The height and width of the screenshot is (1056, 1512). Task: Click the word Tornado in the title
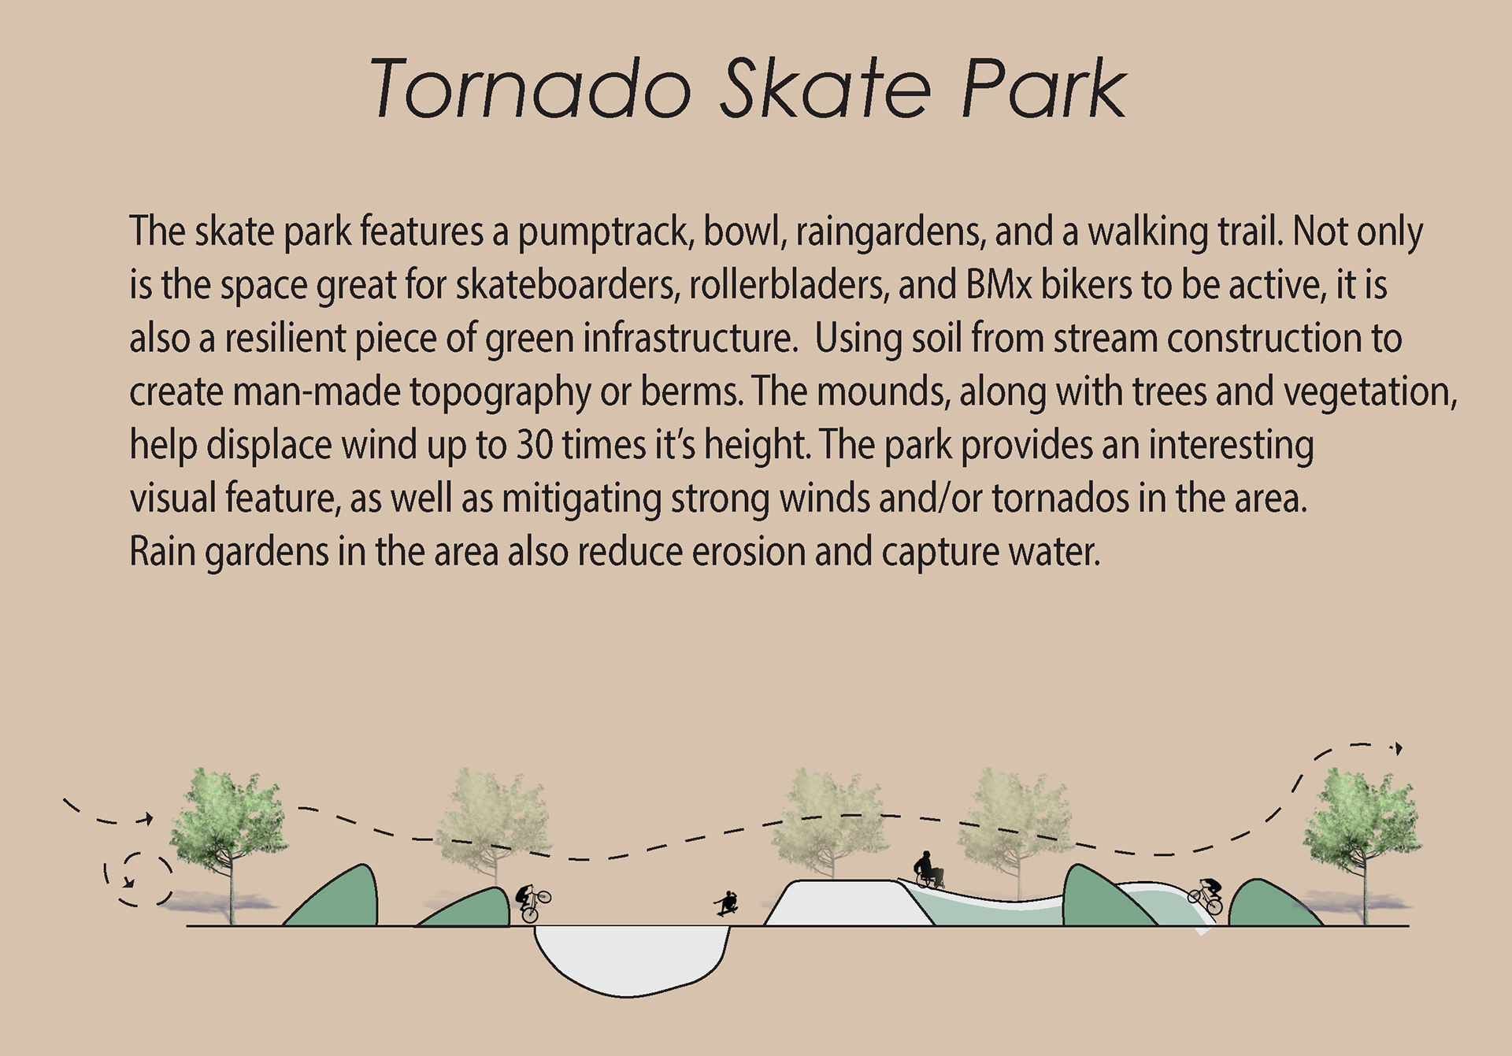(530, 88)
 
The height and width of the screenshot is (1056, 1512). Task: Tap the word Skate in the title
(826, 88)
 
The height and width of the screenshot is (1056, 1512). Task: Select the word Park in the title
(1044, 88)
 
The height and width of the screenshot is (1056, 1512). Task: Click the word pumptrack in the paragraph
(605, 233)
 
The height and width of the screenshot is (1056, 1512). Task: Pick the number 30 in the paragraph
(535, 445)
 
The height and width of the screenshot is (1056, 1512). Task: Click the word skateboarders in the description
(567, 284)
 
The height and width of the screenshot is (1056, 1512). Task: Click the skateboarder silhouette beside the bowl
(727, 903)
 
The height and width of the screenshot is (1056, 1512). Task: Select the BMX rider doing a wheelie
(532, 902)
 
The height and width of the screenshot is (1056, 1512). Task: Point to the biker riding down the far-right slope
(1206, 895)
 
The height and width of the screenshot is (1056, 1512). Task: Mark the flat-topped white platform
(849, 903)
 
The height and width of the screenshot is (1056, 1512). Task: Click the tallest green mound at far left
(334, 898)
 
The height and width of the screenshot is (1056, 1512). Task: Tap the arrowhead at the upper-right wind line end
(1398, 748)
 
